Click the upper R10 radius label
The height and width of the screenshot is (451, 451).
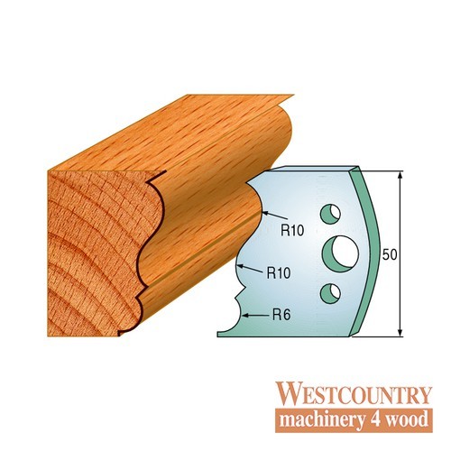click(292, 231)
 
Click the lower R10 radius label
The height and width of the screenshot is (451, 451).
click(279, 273)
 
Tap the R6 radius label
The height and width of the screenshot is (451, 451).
click(281, 315)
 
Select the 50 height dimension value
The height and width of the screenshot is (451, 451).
click(390, 254)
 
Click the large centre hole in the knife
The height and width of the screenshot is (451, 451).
click(340, 252)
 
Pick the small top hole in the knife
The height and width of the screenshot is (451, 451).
click(330, 214)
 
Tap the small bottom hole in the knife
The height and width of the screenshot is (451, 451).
click(330, 293)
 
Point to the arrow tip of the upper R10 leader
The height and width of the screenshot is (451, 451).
click(262, 213)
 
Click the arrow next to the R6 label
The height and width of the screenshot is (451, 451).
click(255, 316)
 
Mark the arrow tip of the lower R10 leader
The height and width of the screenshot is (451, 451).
click(237, 265)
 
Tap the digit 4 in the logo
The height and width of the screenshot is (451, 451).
click(374, 419)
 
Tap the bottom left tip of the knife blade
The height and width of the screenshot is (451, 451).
click(217, 335)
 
